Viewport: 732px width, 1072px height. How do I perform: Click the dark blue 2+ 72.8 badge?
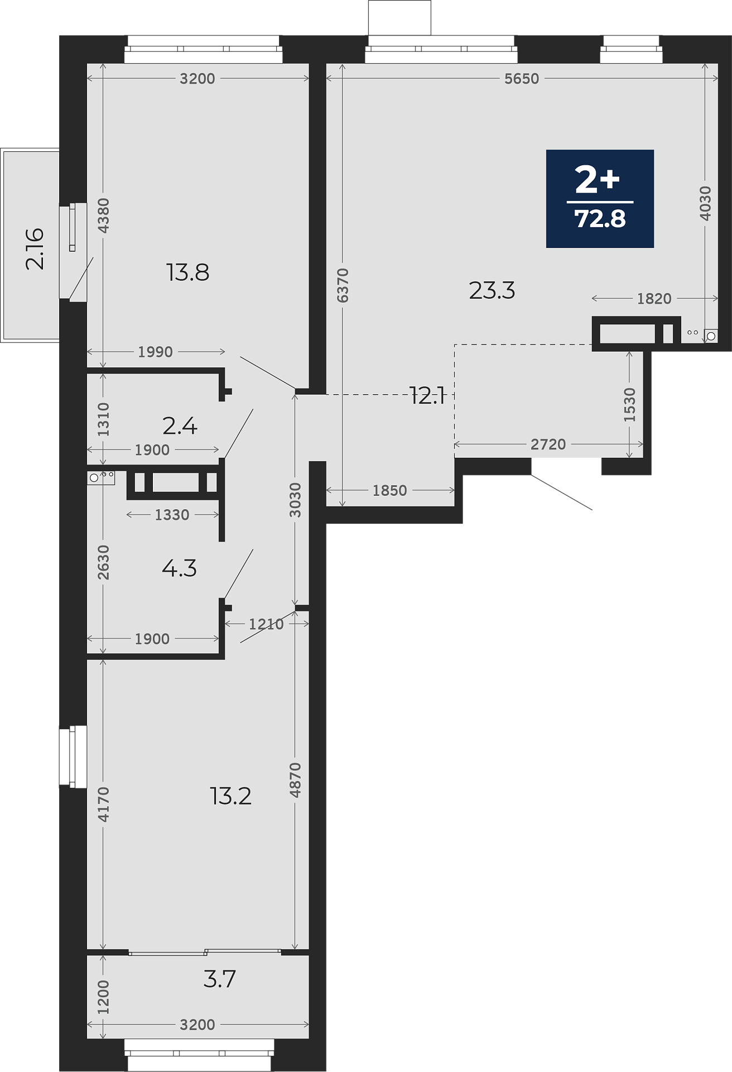600,199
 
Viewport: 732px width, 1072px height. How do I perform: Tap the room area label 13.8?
188,272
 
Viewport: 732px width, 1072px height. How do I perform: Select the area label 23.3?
492,290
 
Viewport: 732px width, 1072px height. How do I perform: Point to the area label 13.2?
231,796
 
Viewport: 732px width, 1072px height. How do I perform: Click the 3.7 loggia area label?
220,979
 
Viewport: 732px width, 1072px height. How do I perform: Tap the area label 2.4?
180,426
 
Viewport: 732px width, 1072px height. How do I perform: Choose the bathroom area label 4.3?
179,568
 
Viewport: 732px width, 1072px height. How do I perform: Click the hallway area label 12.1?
427,396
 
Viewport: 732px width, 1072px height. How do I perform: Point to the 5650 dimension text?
522,79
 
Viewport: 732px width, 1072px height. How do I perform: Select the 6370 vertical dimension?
343,285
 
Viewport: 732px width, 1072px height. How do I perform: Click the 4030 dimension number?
705,203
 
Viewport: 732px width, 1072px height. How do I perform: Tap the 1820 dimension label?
654,299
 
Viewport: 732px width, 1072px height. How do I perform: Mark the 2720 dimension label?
548,444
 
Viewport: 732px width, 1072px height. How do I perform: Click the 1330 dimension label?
172,515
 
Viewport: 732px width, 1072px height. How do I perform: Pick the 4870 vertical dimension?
296,779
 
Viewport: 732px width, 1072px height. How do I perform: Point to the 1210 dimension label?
266,624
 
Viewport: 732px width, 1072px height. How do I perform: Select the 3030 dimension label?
296,500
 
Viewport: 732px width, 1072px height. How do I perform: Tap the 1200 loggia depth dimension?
104,997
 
